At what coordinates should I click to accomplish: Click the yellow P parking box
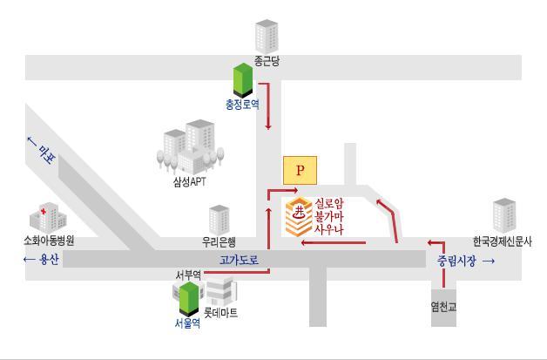coord(301,170)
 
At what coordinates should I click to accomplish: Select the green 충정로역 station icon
coord(242,80)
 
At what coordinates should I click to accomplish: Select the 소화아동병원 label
coord(49,241)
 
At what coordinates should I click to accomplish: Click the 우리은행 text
coord(219,242)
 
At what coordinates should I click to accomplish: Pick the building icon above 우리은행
coord(219,219)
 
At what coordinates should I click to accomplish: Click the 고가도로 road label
coord(239,261)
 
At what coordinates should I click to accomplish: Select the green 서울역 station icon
coord(188,298)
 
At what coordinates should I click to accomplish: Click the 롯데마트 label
coord(220,312)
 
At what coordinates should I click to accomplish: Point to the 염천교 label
coord(443,306)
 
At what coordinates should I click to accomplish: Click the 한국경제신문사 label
coord(503,241)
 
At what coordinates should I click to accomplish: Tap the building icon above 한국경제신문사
coord(504,216)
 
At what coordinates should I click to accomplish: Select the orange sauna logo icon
coord(299,217)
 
